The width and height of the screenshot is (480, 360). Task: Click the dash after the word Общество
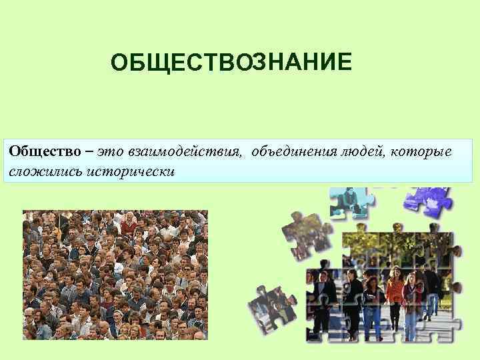[x=87, y=152]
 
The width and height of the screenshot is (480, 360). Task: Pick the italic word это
[x=108, y=152]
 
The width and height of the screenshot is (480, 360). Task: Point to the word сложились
[x=37, y=171]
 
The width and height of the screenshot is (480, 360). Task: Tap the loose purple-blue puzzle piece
[x=429, y=200]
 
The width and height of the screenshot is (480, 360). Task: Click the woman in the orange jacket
[x=395, y=293]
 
